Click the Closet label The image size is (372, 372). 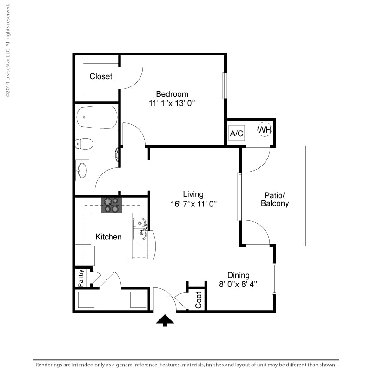point(101,76)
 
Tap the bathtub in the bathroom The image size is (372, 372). point(97,117)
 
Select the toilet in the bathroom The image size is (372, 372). point(84,144)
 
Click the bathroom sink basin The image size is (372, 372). point(82,170)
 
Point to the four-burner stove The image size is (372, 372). point(112,205)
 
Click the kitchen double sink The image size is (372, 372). point(140,229)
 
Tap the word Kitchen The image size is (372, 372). point(108,237)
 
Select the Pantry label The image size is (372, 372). point(81,278)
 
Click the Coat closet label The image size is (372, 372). point(199,300)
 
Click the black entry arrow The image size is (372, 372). point(165,320)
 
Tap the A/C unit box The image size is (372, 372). point(237,133)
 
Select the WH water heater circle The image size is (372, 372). point(265,129)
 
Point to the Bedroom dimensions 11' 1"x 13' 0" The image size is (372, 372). point(172,103)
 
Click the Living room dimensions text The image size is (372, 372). point(193,204)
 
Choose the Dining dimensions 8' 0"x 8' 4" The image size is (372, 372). point(238,284)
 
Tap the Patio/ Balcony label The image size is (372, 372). point(275,199)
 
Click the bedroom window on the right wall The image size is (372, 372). point(225,86)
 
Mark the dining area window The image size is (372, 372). point(274,279)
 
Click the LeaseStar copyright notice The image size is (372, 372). point(7,50)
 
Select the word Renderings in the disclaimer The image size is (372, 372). point(49,365)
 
